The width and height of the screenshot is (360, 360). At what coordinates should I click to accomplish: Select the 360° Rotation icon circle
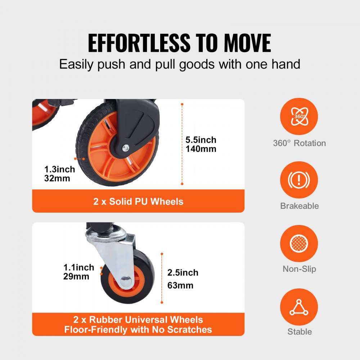[x=299, y=117]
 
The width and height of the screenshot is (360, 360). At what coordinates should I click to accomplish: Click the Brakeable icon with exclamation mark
[x=299, y=180]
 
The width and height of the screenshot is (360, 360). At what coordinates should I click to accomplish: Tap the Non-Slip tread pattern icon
[x=299, y=243]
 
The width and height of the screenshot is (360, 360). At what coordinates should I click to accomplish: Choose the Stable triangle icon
[x=299, y=307]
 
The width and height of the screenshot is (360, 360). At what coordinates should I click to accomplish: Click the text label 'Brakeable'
[x=300, y=206]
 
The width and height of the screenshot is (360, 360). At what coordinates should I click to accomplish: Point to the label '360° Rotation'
[x=300, y=143]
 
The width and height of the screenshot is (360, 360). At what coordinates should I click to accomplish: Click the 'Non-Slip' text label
[x=300, y=269]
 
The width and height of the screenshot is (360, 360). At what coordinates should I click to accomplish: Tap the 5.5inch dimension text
[x=201, y=140]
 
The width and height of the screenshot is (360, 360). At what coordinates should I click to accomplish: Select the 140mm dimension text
[x=201, y=149]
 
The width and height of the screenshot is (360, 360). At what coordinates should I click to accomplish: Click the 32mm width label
[x=57, y=178]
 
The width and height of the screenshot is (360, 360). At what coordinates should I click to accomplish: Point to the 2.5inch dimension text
[x=183, y=273]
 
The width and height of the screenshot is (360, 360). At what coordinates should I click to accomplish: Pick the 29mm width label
[x=76, y=276]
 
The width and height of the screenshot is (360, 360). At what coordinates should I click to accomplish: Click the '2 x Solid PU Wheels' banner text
[x=138, y=201]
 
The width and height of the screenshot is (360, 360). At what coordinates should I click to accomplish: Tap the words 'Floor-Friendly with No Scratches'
[x=138, y=329]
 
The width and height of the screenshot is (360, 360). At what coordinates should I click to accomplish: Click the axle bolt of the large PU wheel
[x=125, y=146]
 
